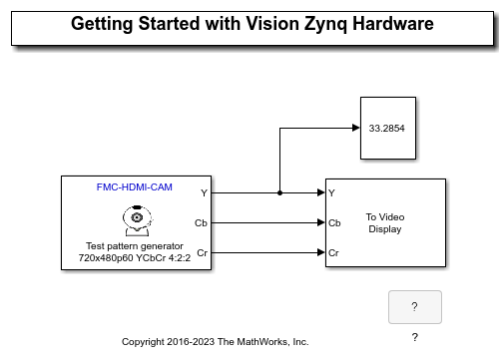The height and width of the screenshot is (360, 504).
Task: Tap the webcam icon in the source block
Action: (x=134, y=216)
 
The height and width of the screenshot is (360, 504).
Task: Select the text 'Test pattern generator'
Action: (x=134, y=245)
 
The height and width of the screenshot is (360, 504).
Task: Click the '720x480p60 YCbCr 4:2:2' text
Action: (x=134, y=259)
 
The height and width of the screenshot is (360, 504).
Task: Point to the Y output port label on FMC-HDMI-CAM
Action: (x=204, y=192)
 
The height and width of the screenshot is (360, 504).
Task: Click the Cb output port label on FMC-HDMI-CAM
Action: (x=202, y=222)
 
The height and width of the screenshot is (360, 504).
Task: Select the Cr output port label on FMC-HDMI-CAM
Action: (x=203, y=252)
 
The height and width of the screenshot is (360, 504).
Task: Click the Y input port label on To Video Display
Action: (x=332, y=192)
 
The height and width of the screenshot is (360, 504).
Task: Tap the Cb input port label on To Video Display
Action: (x=334, y=222)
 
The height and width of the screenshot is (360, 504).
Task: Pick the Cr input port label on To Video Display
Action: (x=334, y=252)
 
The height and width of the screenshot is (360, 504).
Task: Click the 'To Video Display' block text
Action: (x=385, y=222)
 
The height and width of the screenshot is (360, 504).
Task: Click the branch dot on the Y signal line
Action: (x=279, y=192)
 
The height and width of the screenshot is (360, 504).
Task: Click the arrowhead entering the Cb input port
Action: (x=320, y=222)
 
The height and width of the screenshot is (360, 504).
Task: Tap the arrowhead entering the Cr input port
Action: (x=320, y=252)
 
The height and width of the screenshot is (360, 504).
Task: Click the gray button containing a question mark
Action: (x=414, y=307)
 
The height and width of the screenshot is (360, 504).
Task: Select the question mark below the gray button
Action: (x=414, y=337)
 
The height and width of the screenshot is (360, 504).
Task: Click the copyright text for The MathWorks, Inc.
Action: (x=215, y=342)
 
